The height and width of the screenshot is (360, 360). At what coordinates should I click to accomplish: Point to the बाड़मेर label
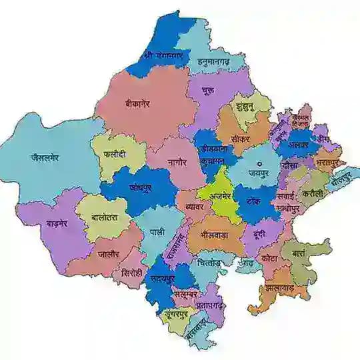click(x=47, y=223)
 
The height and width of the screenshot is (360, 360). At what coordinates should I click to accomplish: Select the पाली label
click(x=158, y=231)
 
